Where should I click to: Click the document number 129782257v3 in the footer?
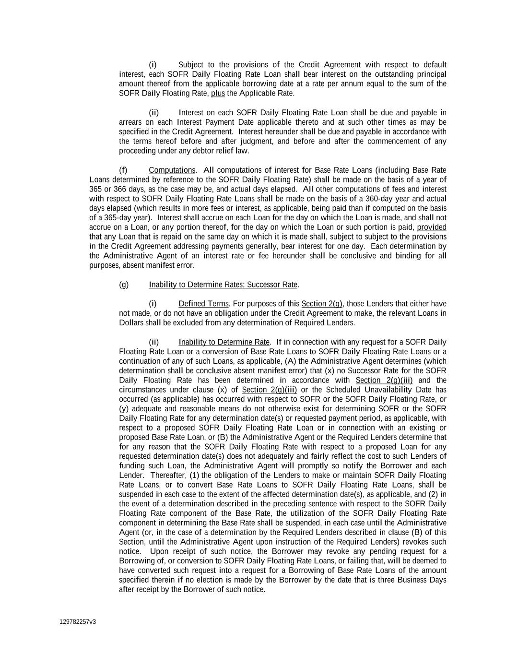pyautogui.click(x=78, y=622)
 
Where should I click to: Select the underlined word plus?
pyautogui.click(x=218, y=93)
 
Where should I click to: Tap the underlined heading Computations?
pyautogui.click(x=172, y=170)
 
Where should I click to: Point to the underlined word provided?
pyautogui.click(x=432, y=227)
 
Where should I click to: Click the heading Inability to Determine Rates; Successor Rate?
pyautogui.click(x=224, y=285)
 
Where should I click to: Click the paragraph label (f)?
pyautogui.click(x=123, y=170)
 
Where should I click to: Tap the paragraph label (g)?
pyautogui.click(x=124, y=285)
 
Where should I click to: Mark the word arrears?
pyautogui.click(x=130, y=122)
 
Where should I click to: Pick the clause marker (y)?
pyautogui.click(x=124, y=408)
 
